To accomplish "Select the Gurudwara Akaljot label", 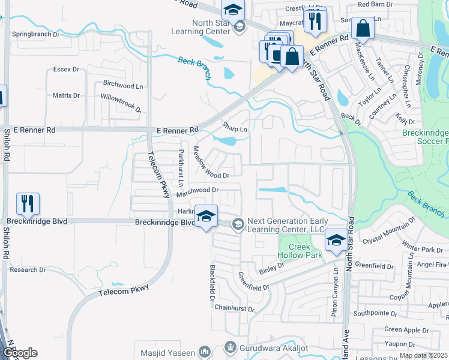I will coord(267,347).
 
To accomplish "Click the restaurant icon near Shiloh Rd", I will coord(28,205).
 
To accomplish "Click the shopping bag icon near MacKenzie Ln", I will coord(363,28).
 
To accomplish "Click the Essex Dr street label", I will coord(66,70).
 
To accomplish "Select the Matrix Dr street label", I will coord(66,95).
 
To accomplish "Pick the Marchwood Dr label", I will coord(197,190).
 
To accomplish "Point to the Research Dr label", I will coord(28,270).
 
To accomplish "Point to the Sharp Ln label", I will coord(235,128).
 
